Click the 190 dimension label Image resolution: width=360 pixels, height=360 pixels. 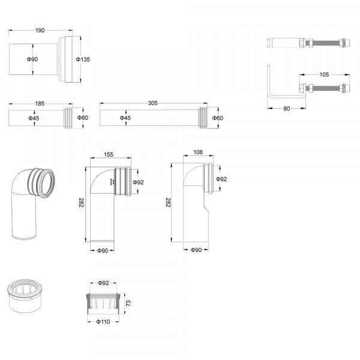[x=41, y=30]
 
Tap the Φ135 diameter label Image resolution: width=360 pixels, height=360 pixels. [x=83, y=59]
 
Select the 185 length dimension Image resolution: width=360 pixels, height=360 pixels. [x=40, y=104]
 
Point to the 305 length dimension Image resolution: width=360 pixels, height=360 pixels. [x=152, y=104]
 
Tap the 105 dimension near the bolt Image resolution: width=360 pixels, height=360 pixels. [x=323, y=75]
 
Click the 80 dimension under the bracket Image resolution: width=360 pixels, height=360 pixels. [x=286, y=109]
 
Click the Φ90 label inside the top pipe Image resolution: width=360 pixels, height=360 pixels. [x=34, y=59]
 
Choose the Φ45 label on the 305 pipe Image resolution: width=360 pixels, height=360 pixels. [x=125, y=118]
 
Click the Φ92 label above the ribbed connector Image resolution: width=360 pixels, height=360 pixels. [x=103, y=282]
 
